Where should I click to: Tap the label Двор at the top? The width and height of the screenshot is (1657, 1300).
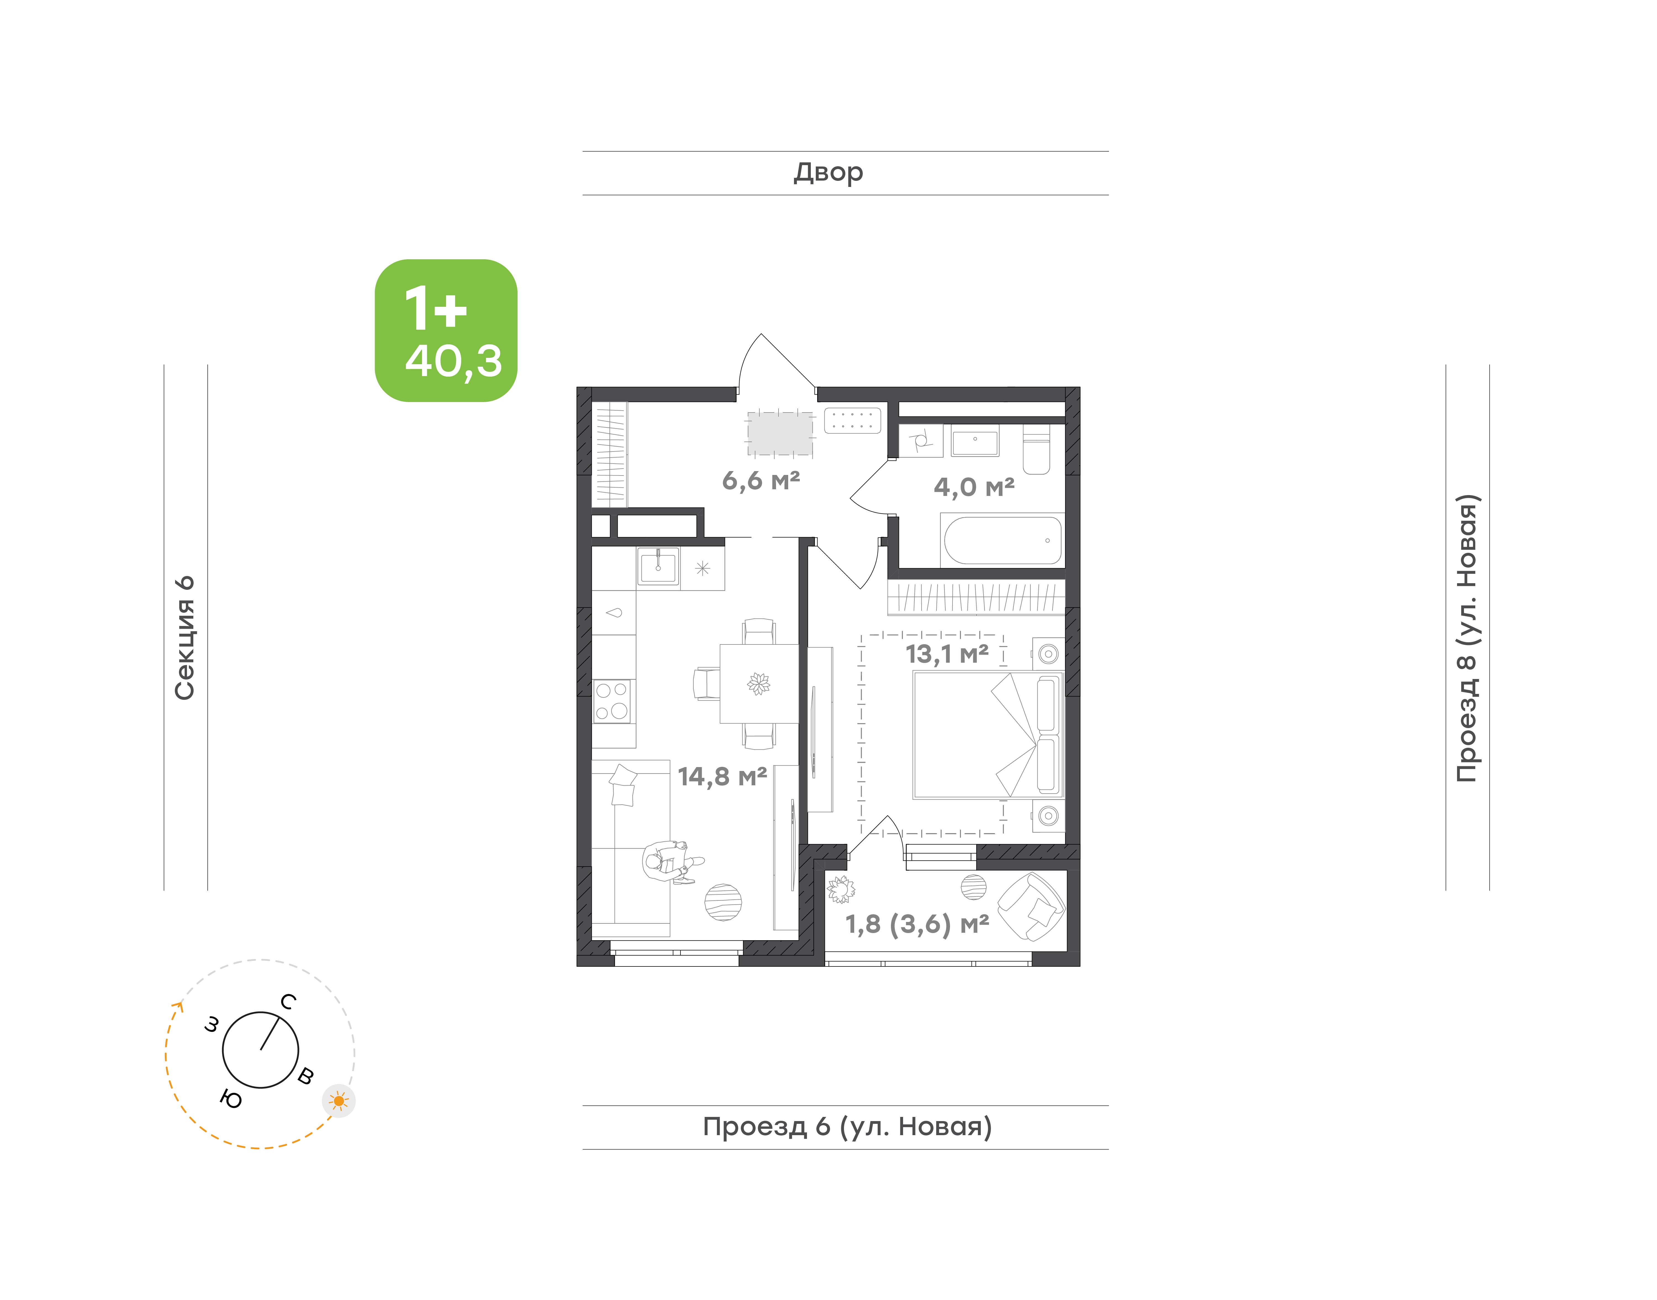pyautogui.click(x=828, y=173)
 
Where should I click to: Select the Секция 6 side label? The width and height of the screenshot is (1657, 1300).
pyautogui.click(x=185, y=638)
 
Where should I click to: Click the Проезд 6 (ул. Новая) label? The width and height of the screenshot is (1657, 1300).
pyautogui.click(x=847, y=1127)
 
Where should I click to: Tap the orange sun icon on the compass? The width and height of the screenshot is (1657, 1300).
pyautogui.click(x=339, y=1101)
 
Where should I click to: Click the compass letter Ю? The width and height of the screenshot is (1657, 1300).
pyautogui.click(x=231, y=1099)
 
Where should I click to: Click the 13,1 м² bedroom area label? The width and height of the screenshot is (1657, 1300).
pyautogui.click(x=947, y=654)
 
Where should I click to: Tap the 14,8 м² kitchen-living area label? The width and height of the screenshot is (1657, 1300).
pyautogui.click(x=722, y=776)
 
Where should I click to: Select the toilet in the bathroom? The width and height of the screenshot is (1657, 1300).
pyautogui.click(x=1036, y=449)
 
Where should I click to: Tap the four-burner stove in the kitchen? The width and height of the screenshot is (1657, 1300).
pyautogui.click(x=612, y=701)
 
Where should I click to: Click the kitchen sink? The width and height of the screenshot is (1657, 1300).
pyautogui.click(x=658, y=567)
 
